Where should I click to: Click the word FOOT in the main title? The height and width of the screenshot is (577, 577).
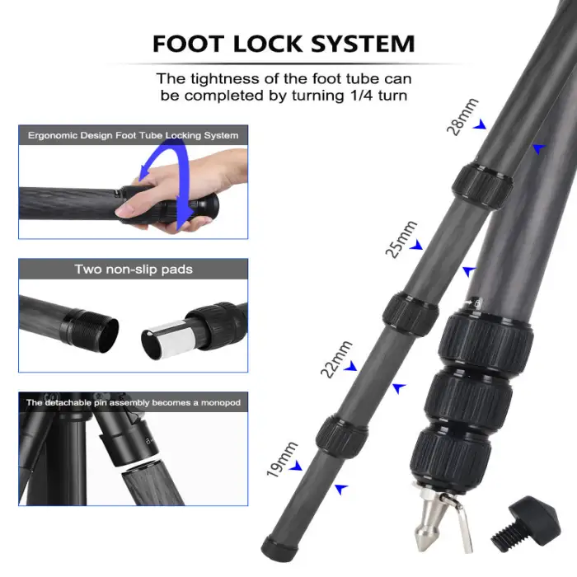point(192,43)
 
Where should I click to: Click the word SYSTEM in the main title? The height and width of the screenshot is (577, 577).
point(368,43)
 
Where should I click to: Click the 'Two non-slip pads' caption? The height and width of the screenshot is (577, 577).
point(133,269)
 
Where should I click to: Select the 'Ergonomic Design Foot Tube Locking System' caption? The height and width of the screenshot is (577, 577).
point(133,135)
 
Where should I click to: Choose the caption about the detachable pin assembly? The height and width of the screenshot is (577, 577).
point(133,402)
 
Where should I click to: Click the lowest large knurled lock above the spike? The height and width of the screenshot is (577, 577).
point(451,453)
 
